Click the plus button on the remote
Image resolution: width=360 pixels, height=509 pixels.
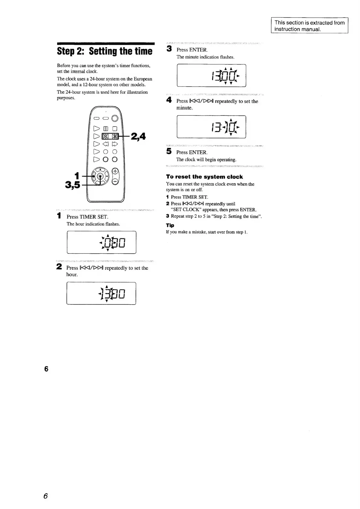point(115,171)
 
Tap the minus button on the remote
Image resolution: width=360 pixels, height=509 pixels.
point(115,181)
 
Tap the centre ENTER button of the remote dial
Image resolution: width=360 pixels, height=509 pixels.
point(101,176)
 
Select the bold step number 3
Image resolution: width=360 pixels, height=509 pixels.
point(169,49)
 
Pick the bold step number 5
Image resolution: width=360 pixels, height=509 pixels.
point(169,151)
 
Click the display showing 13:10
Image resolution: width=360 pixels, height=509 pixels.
point(211,127)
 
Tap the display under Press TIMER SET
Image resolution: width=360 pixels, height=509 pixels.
point(101,242)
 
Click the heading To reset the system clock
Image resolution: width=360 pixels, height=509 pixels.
point(204,177)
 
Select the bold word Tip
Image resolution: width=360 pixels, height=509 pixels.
point(170,225)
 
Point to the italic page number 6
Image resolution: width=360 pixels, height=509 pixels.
point(46,496)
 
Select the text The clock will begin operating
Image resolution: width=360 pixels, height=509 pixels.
point(206,159)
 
